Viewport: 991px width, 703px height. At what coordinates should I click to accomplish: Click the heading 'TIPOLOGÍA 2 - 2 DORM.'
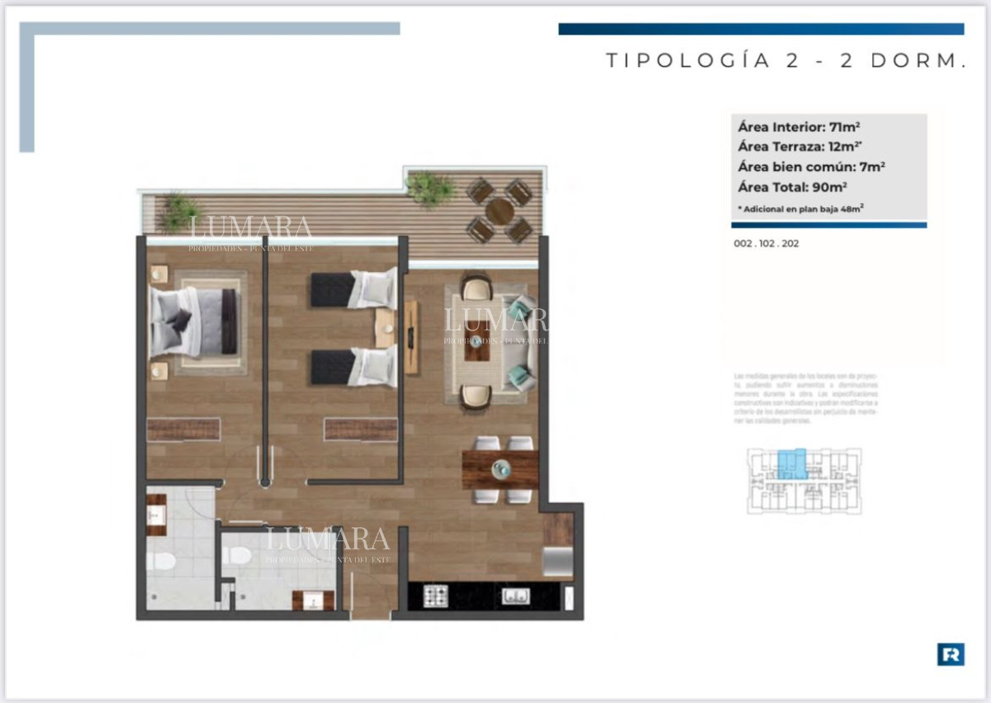(786, 61)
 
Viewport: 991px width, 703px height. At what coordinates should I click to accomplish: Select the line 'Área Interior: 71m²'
(799, 127)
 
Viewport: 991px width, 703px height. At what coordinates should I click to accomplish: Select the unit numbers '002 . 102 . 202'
(766, 244)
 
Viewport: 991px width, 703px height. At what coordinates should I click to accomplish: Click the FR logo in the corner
(951, 654)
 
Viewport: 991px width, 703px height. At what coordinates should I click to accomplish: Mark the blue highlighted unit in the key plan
(793, 463)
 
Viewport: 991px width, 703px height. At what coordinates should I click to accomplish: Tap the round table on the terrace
(500, 211)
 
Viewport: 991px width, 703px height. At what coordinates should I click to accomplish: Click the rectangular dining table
(500, 470)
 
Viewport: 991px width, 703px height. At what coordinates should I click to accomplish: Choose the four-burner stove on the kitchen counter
(435, 596)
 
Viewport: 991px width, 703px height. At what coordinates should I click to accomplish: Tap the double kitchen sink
(515, 596)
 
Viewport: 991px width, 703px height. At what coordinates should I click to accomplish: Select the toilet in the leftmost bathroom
(161, 562)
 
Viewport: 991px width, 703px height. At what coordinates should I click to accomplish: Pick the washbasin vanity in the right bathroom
(313, 601)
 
